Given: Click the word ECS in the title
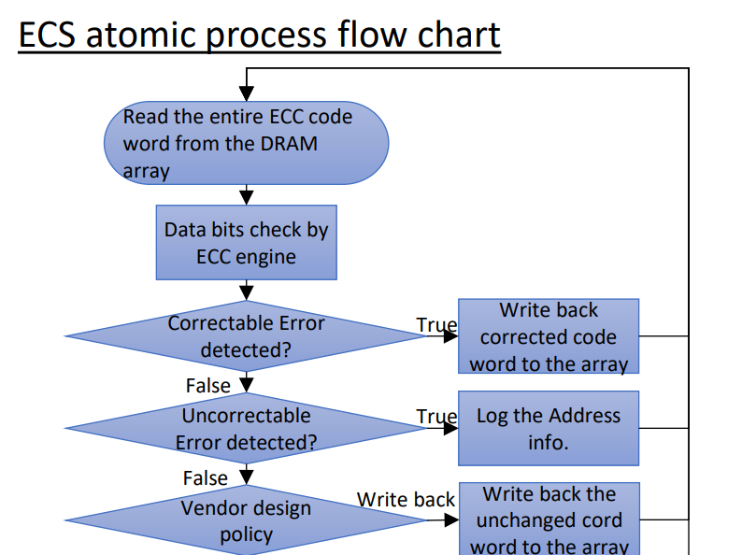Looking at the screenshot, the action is (x=47, y=35).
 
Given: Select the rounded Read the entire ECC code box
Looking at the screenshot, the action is (x=246, y=143).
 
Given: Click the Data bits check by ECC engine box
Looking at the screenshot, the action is (x=246, y=242).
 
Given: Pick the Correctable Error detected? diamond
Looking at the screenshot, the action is (x=246, y=336).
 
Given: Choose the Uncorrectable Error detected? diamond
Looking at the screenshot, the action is (x=246, y=428).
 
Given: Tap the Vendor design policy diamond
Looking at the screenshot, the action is (x=246, y=520).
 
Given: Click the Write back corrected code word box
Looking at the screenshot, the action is (x=549, y=336).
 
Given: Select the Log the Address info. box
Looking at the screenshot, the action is (x=549, y=428).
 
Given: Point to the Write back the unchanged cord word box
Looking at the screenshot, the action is (x=549, y=519).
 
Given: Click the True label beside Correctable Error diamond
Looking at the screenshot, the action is (x=436, y=325).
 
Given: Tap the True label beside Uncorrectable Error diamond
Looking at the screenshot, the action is (x=436, y=417).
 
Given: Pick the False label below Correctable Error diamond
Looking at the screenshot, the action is (x=208, y=386).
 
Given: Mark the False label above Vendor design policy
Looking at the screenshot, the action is (x=206, y=477).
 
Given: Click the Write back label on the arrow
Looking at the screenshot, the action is (x=406, y=500).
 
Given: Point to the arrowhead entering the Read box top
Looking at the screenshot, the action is (x=247, y=93).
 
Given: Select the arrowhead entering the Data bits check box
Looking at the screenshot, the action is (x=247, y=198).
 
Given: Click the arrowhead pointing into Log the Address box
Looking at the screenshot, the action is (x=451, y=428).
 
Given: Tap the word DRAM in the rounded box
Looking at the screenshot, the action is (x=289, y=144).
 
